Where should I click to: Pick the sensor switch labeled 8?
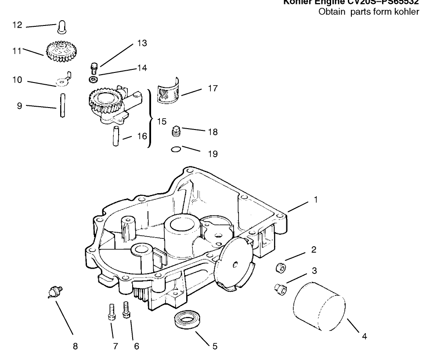click(x=55, y=291)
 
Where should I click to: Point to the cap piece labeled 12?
click(x=62, y=27)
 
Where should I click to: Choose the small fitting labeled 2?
click(x=279, y=267)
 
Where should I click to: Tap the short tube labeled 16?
click(x=116, y=136)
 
